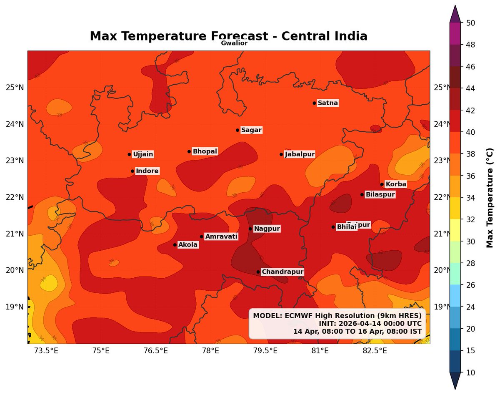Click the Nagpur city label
pyautogui.click(x=267, y=229)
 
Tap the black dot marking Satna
pyautogui.click(x=315, y=103)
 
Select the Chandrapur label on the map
pyautogui.click(x=282, y=272)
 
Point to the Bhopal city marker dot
pyautogui.click(x=189, y=151)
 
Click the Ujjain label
pyautogui.click(x=143, y=155)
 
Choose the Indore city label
pyautogui.click(x=147, y=171)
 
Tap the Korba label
pyautogui.click(x=395, y=184)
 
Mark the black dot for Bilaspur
pyautogui.click(x=362, y=194)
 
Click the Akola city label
pyautogui.click(x=187, y=245)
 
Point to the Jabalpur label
pyautogui.click(x=299, y=154)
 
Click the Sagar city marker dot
pyautogui.click(x=237, y=130)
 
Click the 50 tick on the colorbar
pyautogui.click(x=470, y=23)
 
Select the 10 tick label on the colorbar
pyautogui.click(x=470, y=372)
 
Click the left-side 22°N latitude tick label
pyautogui.click(x=14, y=197)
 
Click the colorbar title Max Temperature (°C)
pyautogui.click(x=490, y=197)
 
